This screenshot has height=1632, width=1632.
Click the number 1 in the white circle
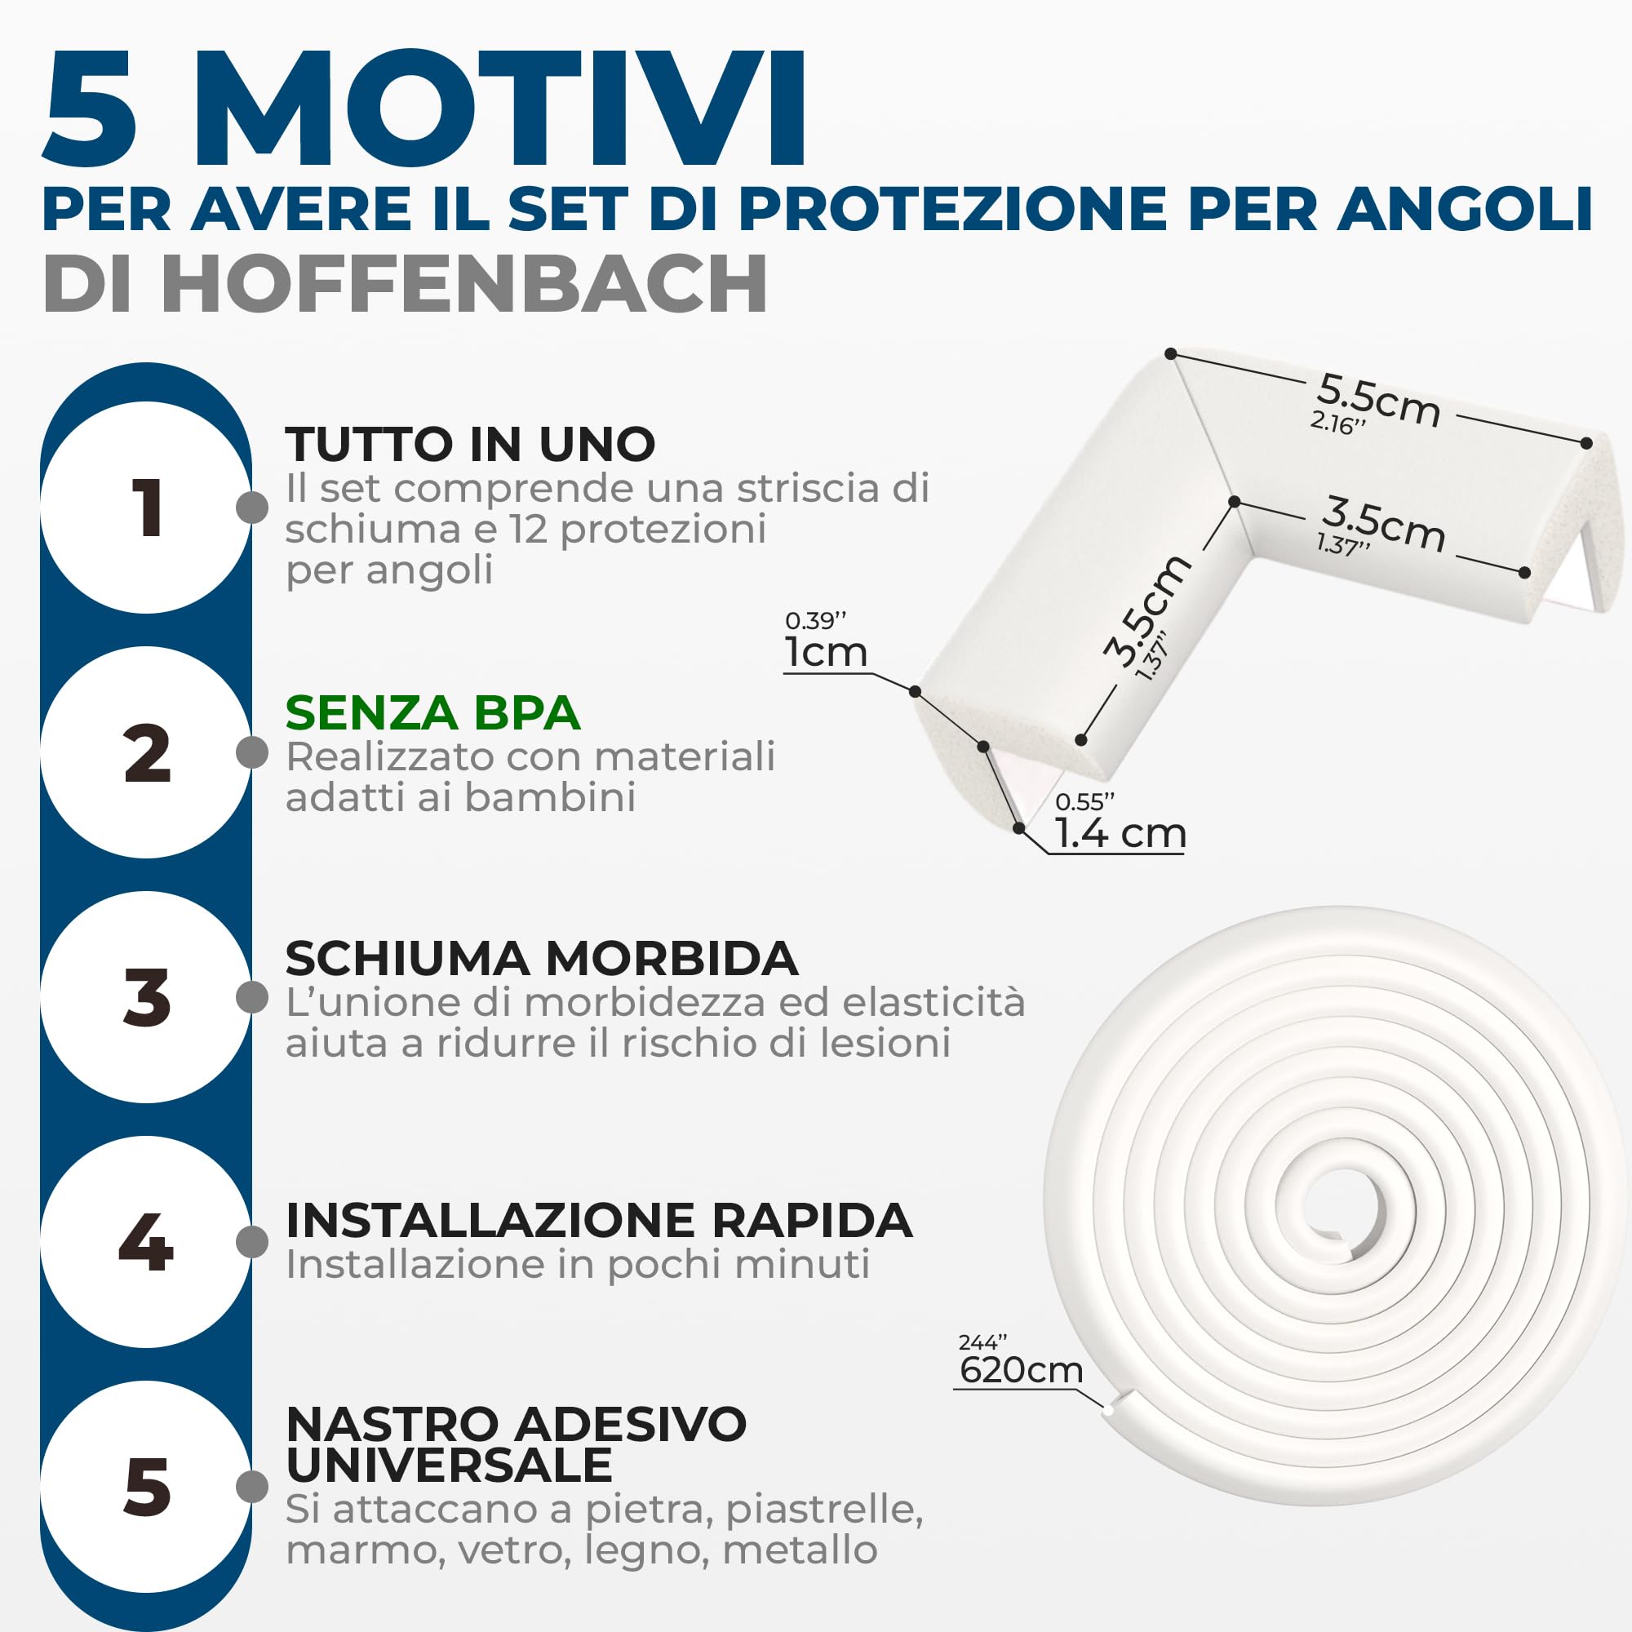pyautogui.click(x=147, y=508)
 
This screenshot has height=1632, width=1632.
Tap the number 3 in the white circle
pyautogui.click(x=147, y=998)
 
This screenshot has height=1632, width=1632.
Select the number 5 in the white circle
pyautogui.click(x=147, y=1487)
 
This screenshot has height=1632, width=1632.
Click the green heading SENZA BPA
pyautogui.click(x=432, y=713)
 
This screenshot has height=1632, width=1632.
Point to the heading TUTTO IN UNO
pyautogui.click(x=470, y=445)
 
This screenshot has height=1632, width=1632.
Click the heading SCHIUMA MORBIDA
pyautogui.click(x=542, y=959)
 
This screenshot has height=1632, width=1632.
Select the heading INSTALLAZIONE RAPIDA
pyautogui.click(x=599, y=1221)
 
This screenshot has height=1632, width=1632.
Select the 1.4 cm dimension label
pyautogui.click(x=1120, y=834)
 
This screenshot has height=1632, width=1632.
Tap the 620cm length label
pyautogui.click(x=1022, y=1370)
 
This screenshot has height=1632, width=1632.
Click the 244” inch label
pyautogui.click(x=982, y=1342)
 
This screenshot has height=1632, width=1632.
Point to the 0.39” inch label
pyautogui.click(x=815, y=621)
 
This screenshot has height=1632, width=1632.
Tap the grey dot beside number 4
pyautogui.click(x=251, y=1242)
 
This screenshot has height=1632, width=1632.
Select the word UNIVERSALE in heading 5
pyautogui.click(x=449, y=1466)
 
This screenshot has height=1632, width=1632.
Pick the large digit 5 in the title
pyautogui.click(x=90, y=110)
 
